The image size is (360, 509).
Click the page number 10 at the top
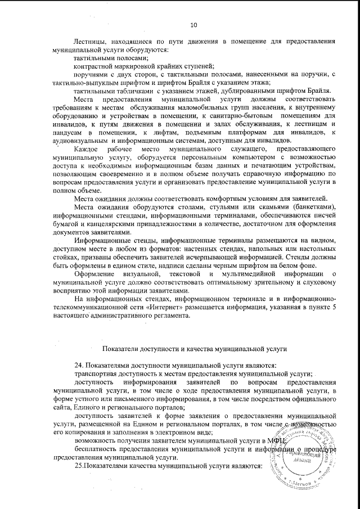[194, 25]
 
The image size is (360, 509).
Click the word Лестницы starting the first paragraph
[91, 42]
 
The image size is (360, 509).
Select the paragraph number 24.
[79, 366]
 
